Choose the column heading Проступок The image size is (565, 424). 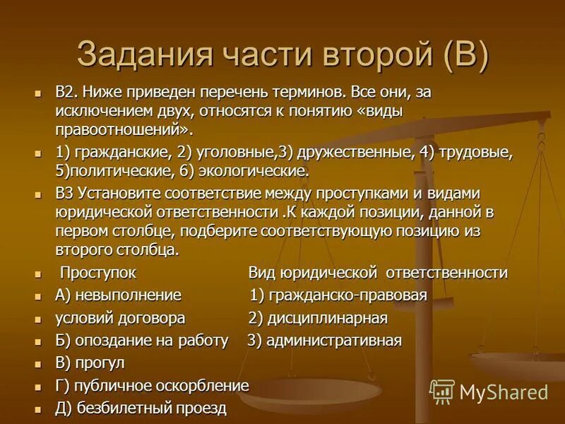click(98, 273)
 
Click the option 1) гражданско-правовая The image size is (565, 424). click(338, 295)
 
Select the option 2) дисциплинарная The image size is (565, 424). click(318, 317)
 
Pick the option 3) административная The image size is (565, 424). click(324, 341)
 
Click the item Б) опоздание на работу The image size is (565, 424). click(141, 341)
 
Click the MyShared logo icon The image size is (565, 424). click(442, 391)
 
